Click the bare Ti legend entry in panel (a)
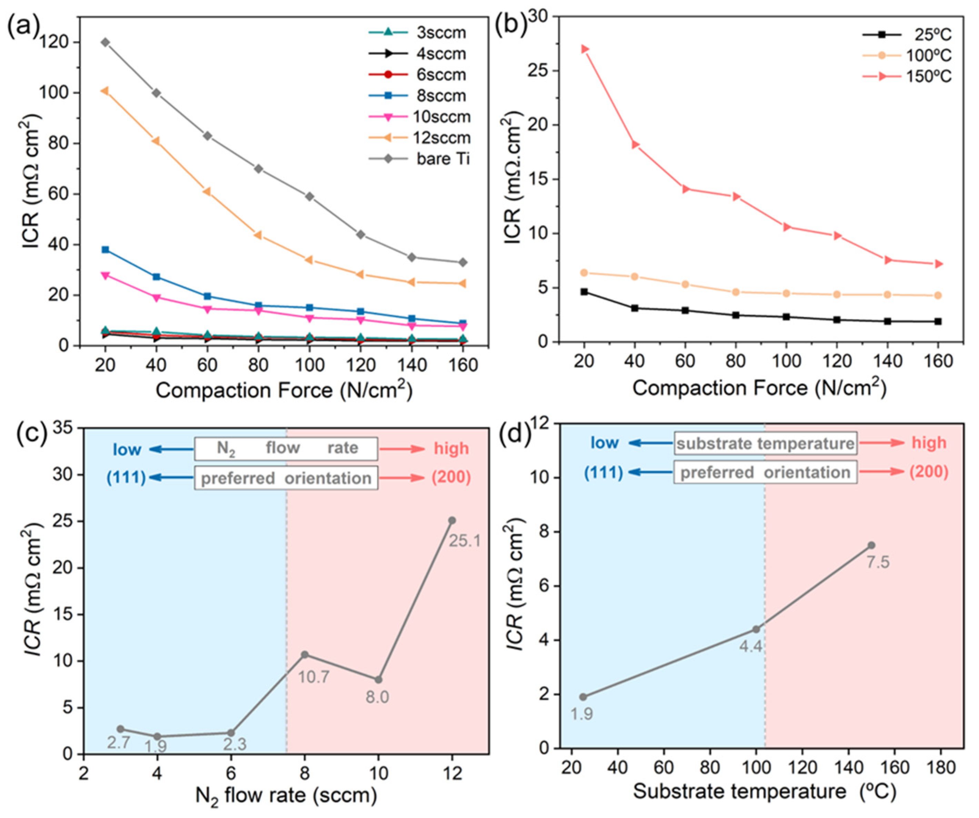pyautogui.click(x=443, y=159)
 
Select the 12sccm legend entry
pyautogui.click(x=441, y=137)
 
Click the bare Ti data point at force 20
pyautogui.click(x=105, y=42)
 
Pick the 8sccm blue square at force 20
pyautogui.click(x=105, y=250)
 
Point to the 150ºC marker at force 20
pyautogui.click(x=585, y=49)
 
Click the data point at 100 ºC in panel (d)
pyautogui.click(x=756, y=629)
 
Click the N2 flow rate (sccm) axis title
pyautogui.click(x=286, y=795)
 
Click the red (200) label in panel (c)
pyautogui.click(x=451, y=478)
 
